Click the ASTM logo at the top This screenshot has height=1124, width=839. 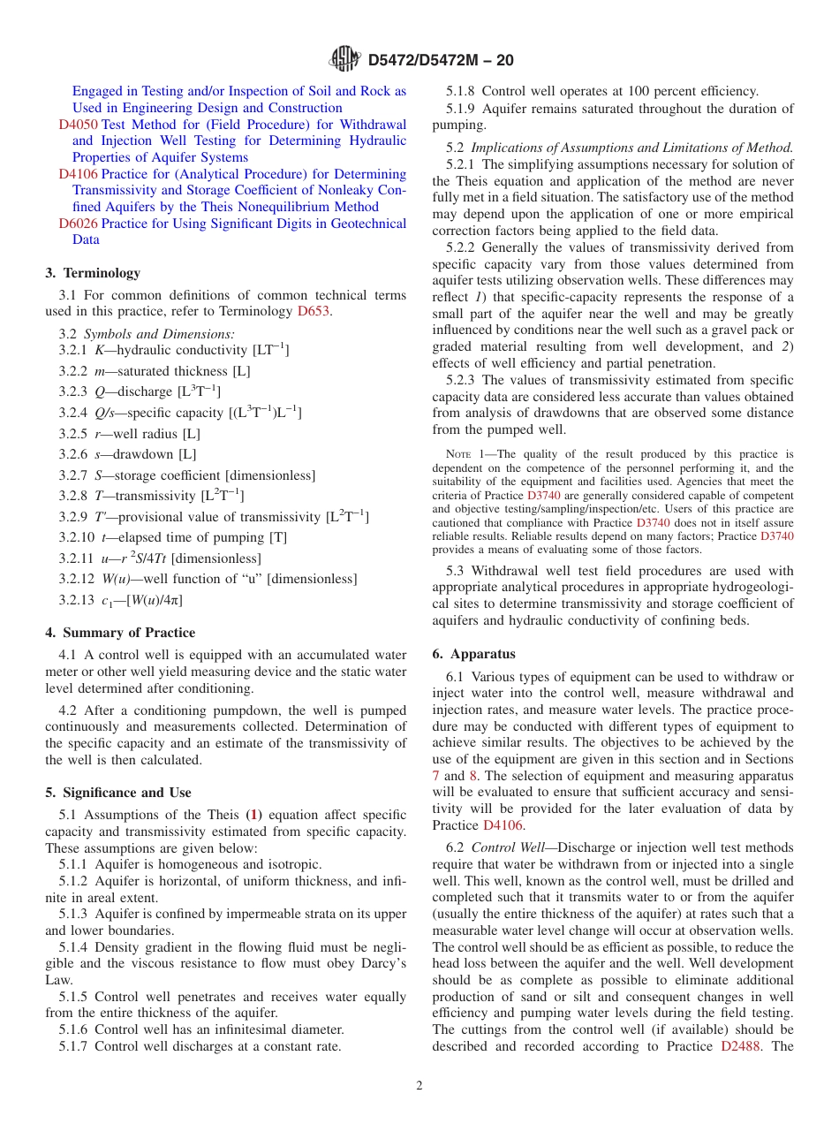[344, 60]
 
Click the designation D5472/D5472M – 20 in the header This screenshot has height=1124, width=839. [439, 61]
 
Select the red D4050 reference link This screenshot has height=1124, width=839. [79, 125]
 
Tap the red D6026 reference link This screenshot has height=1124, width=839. [79, 224]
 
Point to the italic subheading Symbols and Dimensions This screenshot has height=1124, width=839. [159, 334]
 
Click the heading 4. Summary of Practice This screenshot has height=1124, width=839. [120, 633]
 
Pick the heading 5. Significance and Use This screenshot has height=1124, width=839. [118, 793]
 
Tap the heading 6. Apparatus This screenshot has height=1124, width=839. [473, 654]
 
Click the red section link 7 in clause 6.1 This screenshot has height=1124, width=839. [436, 776]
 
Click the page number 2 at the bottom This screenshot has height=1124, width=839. [419, 1086]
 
